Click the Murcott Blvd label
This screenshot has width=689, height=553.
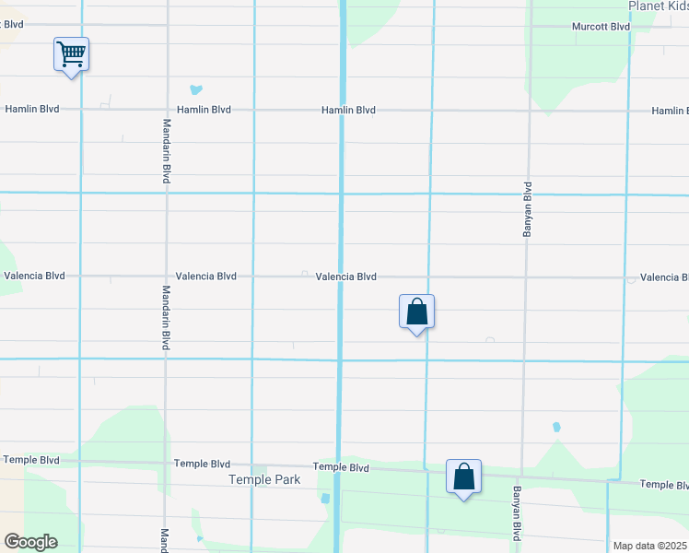(600, 27)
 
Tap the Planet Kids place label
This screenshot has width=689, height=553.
(659, 6)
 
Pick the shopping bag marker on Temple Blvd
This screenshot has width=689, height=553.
(464, 477)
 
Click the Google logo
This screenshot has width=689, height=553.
(30, 542)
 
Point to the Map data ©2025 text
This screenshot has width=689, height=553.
(650, 546)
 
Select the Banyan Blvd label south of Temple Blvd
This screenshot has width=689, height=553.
(517, 513)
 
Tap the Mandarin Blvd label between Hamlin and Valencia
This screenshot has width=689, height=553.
(167, 150)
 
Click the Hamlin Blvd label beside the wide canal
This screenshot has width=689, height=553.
(348, 111)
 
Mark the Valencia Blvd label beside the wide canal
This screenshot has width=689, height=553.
(345, 276)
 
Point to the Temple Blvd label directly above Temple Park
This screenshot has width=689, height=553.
(202, 464)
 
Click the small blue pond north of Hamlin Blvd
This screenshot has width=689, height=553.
(195, 90)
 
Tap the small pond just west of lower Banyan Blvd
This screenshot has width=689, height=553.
(555, 428)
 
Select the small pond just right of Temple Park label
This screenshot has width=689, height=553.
(325, 499)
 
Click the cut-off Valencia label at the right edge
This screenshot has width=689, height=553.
(664, 277)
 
